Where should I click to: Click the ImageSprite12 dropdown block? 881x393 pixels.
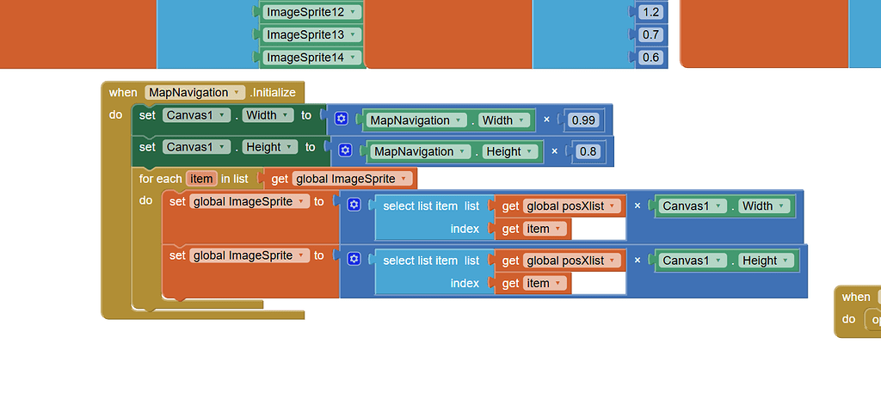[310, 12]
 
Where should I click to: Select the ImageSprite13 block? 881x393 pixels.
[310, 34]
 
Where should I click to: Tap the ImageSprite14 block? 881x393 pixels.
[310, 58]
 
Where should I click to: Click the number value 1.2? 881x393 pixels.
[650, 12]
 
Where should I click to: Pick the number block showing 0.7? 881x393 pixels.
[650, 34]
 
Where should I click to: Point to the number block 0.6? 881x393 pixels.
[650, 58]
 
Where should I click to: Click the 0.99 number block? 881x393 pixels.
[582, 120]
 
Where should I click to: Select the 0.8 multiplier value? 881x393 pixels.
[589, 151]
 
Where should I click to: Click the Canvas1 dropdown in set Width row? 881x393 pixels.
[196, 115]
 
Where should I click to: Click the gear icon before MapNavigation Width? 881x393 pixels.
[341, 120]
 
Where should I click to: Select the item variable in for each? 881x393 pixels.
[201, 179]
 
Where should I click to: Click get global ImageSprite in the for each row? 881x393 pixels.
[344, 179]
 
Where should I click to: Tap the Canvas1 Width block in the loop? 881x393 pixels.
[724, 206]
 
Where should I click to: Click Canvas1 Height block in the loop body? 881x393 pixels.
[725, 261]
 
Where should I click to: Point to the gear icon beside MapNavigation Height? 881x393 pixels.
[345, 150]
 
